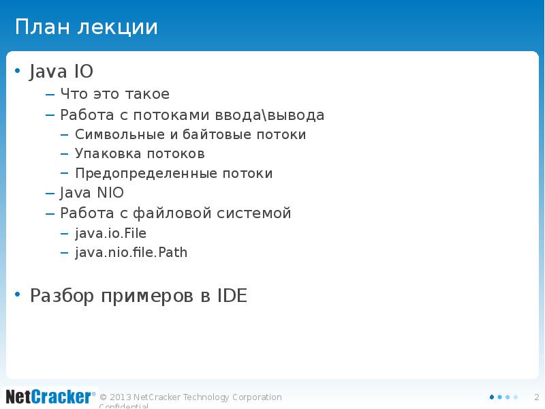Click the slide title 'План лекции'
[x=87, y=28]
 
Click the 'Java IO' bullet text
[x=61, y=72]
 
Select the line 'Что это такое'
[x=114, y=94]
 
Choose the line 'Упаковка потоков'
[x=140, y=154]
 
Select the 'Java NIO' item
[x=92, y=193]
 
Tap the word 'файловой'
[x=173, y=213]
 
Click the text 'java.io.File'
[x=110, y=233]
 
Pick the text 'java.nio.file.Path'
[x=131, y=253]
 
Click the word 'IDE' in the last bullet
[x=232, y=297]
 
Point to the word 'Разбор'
[x=62, y=297]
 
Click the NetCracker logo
[x=49, y=396]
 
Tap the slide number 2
[x=536, y=397]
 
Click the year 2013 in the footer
[x=120, y=397]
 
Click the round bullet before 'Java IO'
[x=18, y=71]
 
